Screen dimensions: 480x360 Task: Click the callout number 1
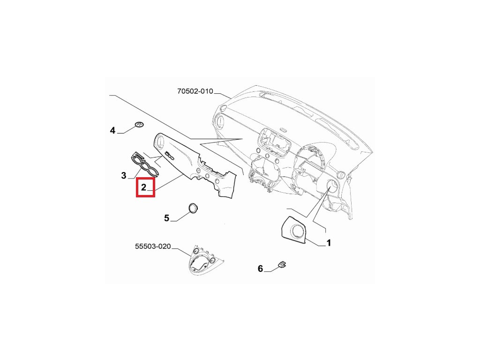(x=329, y=243)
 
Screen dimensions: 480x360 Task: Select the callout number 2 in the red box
(x=144, y=187)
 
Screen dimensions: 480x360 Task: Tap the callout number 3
(x=124, y=176)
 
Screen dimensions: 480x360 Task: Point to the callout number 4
(x=112, y=130)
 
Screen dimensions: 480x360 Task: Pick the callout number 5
(x=166, y=218)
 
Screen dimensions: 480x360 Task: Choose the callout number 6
(x=261, y=269)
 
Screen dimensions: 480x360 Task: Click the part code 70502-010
(x=195, y=91)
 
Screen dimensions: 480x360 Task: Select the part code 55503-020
(x=153, y=246)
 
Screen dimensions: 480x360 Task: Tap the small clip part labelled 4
(x=139, y=124)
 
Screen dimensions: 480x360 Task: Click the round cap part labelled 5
(x=193, y=208)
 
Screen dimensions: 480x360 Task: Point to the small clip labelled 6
(x=283, y=265)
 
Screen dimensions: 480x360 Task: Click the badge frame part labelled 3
(x=145, y=164)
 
